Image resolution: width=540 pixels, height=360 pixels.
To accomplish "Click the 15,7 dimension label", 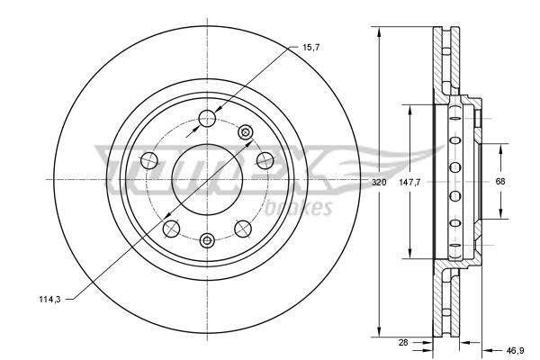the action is (x=310, y=47).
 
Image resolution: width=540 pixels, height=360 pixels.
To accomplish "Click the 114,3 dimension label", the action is (x=49, y=300).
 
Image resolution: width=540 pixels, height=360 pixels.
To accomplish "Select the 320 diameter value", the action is (x=379, y=182).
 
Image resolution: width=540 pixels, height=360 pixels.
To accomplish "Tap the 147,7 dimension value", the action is (x=409, y=182).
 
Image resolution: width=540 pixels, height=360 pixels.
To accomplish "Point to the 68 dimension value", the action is (x=500, y=181).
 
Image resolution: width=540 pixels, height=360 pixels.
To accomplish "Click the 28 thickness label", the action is (x=403, y=342).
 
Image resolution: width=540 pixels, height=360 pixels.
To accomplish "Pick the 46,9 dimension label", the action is (x=515, y=351).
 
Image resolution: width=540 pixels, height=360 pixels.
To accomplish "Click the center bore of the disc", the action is (x=207, y=179).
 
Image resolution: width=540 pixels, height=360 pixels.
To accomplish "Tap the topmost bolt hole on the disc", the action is (x=207, y=119).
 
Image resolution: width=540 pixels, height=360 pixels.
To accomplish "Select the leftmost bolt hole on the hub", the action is (x=149, y=160).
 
